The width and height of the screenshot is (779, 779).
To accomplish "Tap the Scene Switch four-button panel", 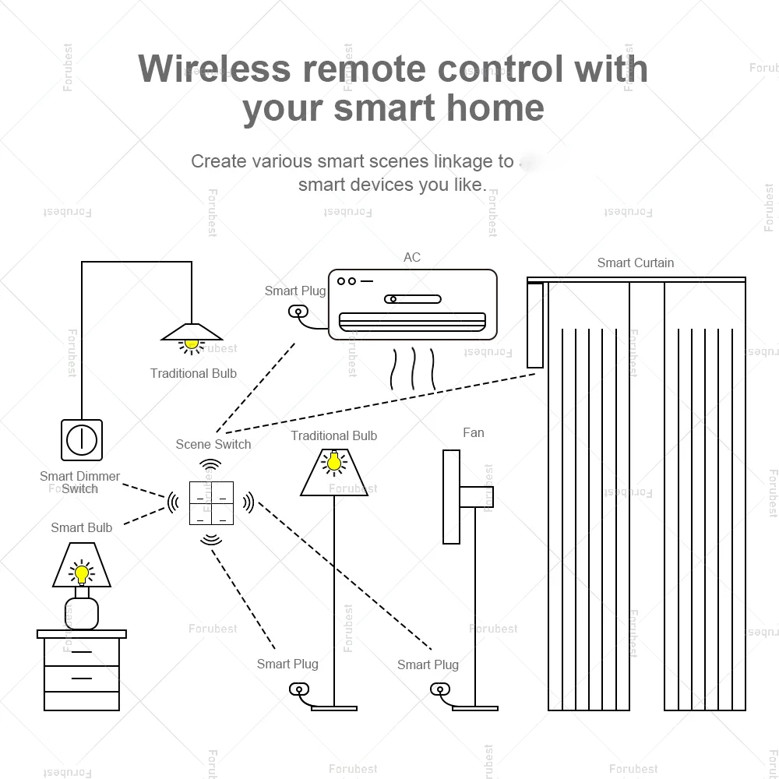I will coord(211,503).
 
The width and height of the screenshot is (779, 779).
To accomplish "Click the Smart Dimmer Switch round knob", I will coord(81,440).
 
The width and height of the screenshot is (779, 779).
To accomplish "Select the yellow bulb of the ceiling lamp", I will coord(192,342).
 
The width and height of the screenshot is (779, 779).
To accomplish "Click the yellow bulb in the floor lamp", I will coord(333,463).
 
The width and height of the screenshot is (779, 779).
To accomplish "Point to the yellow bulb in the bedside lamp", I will coord(81,574).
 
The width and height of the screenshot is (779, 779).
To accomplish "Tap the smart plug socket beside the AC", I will coord(297,312).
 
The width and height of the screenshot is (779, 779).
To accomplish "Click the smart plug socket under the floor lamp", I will coord(298,689).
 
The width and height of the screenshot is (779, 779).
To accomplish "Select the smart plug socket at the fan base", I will coord(438,689).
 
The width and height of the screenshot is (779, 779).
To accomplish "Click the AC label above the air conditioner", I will coord(412,257).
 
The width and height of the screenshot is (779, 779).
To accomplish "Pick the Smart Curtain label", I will coord(635,263).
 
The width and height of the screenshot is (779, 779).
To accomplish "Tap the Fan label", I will coord(473,432).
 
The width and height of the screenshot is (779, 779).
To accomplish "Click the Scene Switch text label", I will coord(213,444).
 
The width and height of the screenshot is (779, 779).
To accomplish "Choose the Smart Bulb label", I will coord(81,527).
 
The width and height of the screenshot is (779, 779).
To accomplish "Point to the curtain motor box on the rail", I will coord(534,325).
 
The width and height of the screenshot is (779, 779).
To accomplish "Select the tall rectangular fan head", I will coord(451,496).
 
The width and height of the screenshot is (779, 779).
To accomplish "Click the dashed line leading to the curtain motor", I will coord(382,402).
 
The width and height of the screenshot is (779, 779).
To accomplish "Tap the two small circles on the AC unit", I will coord(347,281).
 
